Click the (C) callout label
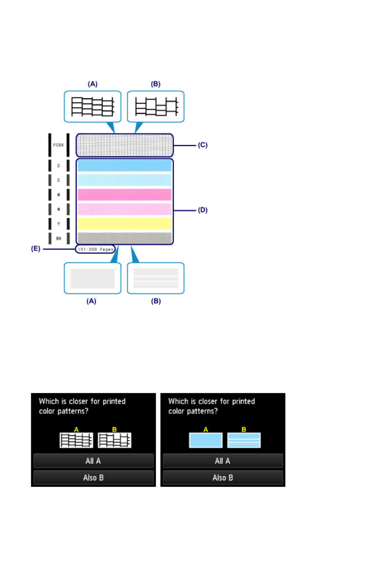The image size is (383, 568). point(203,145)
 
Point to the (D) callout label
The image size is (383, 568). point(203,210)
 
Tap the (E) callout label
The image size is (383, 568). point(36,249)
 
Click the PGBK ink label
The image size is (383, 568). point(59,145)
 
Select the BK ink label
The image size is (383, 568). point(59,238)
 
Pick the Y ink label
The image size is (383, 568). point(59,224)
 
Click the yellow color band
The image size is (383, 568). point(125,224)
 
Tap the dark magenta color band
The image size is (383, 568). point(125,194)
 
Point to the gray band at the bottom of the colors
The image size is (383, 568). point(125,238)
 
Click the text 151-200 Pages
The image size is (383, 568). point(95,249)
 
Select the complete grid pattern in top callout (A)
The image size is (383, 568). point(93,107)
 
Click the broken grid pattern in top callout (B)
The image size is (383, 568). point(156,107)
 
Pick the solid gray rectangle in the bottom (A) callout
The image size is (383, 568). point(92,278)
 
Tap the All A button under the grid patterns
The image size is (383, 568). point(93,461)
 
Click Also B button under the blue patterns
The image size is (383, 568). point(223,478)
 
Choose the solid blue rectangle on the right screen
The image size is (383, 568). point(206,440)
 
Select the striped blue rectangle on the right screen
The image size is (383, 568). point(244,440)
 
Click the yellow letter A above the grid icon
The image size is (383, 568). point(76,430)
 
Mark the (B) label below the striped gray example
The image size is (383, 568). point(156,301)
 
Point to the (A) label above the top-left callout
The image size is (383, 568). point(93,84)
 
